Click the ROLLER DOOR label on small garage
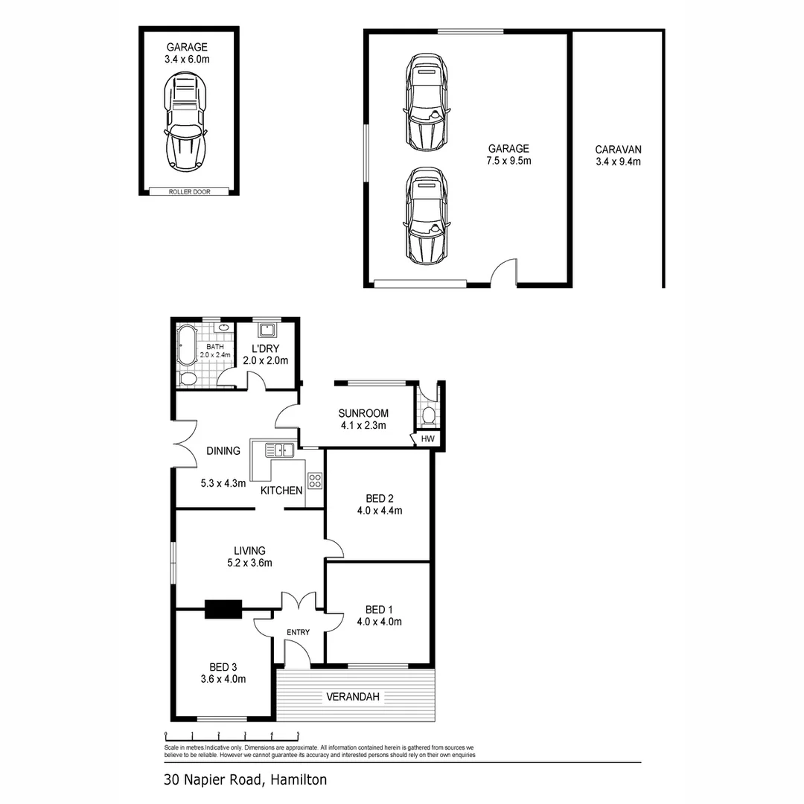pyautogui.click(x=190, y=192)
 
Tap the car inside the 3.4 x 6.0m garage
pyautogui.click(x=186, y=123)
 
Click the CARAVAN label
pyautogui.click(x=618, y=149)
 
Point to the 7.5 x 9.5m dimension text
pyautogui.click(x=508, y=161)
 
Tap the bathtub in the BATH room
pyautogui.click(x=186, y=343)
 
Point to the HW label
pyautogui.click(x=427, y=440)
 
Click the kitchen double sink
pyautogui.click(x=278, y=449)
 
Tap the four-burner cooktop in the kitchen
pyautogui.click(x=315, y=480)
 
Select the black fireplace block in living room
pyautogui.click(x=223, y=609)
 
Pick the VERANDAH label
pyautogui.click(x=353, y=697)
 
